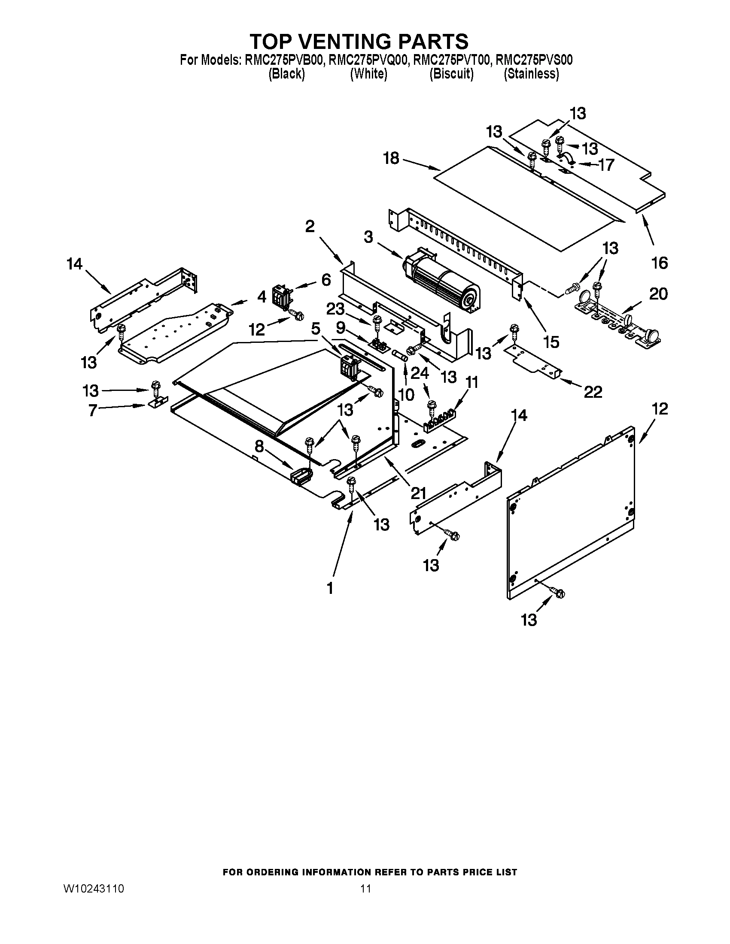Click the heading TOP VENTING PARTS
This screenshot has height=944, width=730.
tap(359, 42)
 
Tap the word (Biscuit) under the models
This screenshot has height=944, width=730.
tap(451, 74)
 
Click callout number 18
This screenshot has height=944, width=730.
tap(391, 158)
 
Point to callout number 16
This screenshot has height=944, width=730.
tap(660, 262)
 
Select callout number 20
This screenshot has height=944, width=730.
tap(658, 294)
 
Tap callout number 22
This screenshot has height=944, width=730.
tap(593, 392)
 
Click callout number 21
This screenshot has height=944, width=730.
tap(418, 493)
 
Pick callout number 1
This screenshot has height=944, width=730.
tap(330, 588)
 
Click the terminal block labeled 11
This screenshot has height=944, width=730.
tap(440, 421)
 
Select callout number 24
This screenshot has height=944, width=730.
tap(419, 372)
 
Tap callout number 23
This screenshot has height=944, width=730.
tap(335, 309)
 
